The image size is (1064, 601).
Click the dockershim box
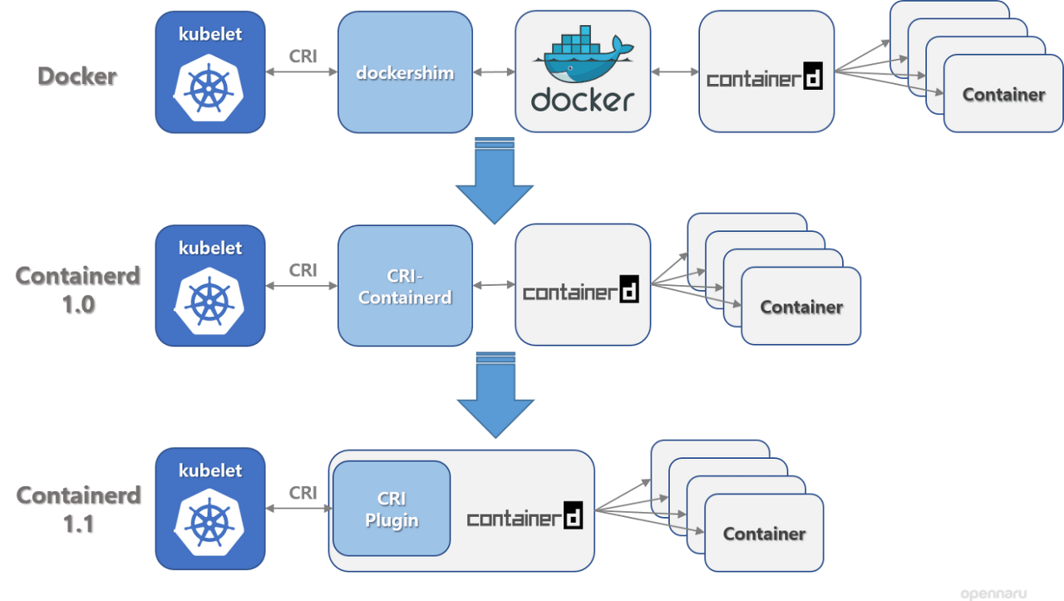point(405,72)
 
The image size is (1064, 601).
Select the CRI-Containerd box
point(405,285)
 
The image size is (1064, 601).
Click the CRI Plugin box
point(392,509)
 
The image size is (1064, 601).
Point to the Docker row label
point(77,76)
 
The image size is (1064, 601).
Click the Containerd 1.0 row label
point(78,290)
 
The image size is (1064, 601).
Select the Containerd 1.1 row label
point(78,510)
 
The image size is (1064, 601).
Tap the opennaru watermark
point(993,594)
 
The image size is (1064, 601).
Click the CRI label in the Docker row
point(303,57)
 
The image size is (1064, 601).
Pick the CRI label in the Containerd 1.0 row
point(303,270)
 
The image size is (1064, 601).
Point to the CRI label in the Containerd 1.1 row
point(303,493)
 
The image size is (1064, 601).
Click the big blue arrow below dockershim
point(495,180)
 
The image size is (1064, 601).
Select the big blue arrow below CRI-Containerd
point(495,395)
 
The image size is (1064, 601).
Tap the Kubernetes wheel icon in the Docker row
point(209,88)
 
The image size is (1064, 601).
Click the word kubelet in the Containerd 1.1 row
point(210,470)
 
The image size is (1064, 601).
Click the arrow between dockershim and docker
point(494,72)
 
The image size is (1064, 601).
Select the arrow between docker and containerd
point(674,71)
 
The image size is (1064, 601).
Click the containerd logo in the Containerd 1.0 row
point(580,288)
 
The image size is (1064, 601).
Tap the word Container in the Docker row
point(1003,95)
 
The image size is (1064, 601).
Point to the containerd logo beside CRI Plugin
point(525,515)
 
